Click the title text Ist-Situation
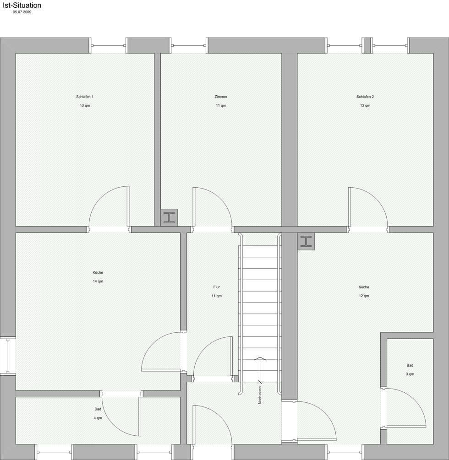pyautogui.click(x=22, y=5)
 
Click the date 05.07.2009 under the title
pyautogui.click(x=22, y=12)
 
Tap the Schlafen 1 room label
pyautogui.click(x=85, y=97)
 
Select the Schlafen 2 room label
pyautogui.click(x=365, y=97)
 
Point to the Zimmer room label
pyautogui.click(x=221, y=97)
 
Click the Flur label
pyautogui.click(x=216, y=287)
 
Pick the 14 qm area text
pyautogui.click(x=98, y=281)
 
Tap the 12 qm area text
pyautogui.click(x=364, y=296)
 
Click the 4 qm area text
pyautogui.click(x=98, y=418)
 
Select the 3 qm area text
pyautogui.click(x=410, y=374)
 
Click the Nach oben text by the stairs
pyautogui.click(x=260, y=395)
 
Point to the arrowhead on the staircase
pyautogui.click(x=260, y=358)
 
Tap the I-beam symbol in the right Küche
pyautogui.click(x=306, y=241)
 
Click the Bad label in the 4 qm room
pyautogui.click(x=98, y=409)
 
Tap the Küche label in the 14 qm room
pyautogui.click(x=98, y=272)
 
